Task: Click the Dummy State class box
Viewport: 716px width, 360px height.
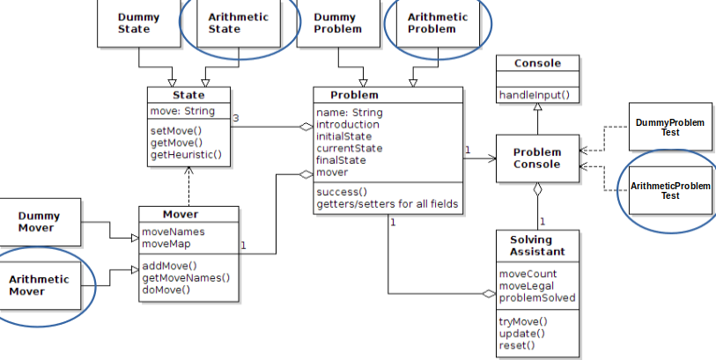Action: click(138, 23)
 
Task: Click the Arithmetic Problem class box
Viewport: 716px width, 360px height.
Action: click(438, 23)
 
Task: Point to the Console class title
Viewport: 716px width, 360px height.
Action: click(537, 63)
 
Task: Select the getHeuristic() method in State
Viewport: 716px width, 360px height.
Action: click(186, 155)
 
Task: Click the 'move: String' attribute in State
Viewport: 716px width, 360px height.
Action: click(182, 112)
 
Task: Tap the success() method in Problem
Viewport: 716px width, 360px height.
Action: click(342, 192)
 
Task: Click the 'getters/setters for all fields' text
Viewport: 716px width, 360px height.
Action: click(387, 204)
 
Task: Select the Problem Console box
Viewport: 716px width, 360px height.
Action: click(537, 158)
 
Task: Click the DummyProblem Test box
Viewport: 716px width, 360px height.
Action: click(670, 127)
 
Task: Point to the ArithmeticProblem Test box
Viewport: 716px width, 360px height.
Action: click(670, 191)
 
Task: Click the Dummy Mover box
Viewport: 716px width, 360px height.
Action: click(40, 222)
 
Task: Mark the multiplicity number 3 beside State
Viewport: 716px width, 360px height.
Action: click(236, 118)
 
